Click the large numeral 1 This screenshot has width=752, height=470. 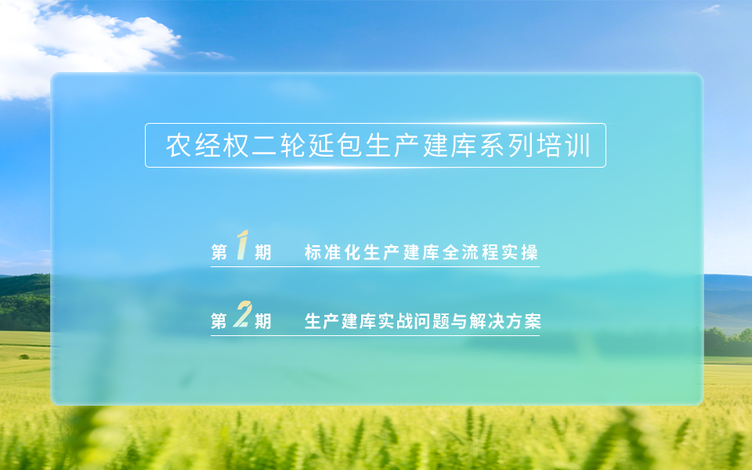[243, 245]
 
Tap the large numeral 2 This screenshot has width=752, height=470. [243, 314]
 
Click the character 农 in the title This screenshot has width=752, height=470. [179, 146]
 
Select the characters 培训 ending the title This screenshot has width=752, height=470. [563, 146]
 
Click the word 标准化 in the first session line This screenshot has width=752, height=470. [333, 252]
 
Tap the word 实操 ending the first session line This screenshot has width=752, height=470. [520, 252]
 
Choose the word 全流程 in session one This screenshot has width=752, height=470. [471, 252]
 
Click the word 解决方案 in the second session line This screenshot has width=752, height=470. [505, 321]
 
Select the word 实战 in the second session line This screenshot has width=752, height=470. [396, 321]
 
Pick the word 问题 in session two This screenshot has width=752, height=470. [432, 321]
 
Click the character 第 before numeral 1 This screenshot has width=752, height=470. [219, 252]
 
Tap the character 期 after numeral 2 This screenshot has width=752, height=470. [263, 321]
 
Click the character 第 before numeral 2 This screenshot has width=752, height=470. [219, 321]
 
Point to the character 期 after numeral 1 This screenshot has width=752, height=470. [263, 252]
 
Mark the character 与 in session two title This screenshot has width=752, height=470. [459, 321]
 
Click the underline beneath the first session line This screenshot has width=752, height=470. [375, 266]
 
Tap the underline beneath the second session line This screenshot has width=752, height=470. [375, 335]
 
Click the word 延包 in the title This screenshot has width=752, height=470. [336, 146]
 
